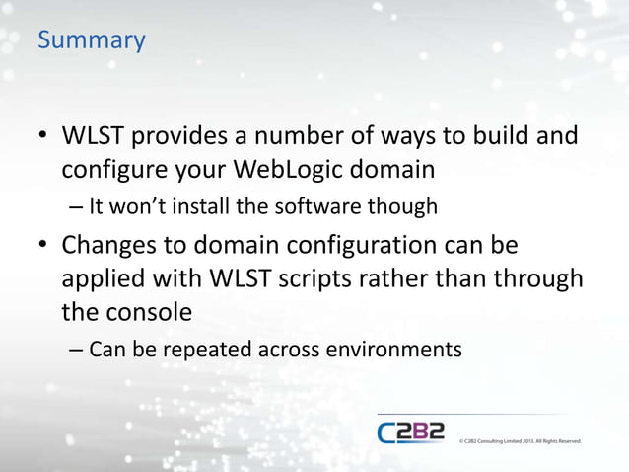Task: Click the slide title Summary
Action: click(91, 41)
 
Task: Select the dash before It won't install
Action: click(77, 208)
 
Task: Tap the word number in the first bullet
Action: click(311, 134)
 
